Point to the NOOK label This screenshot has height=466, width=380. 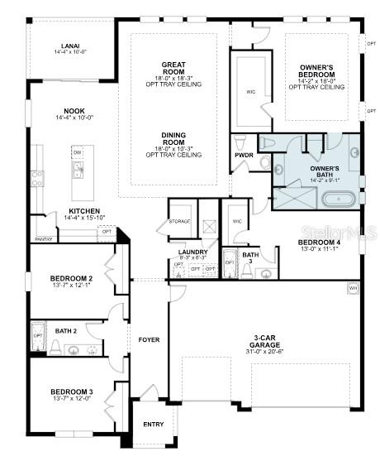(74, 111)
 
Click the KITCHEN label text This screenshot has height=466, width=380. (84, 211)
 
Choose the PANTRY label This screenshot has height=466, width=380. (43, 239)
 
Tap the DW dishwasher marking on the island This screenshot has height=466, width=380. (76, 153)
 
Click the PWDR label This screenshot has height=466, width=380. (244, 154)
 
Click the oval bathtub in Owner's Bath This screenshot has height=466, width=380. (339, 199)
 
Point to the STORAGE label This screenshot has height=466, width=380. (180, 221)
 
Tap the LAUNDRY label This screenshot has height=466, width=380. (193, 252)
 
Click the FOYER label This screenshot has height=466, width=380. (149, 339)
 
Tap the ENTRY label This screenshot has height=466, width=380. (153, 424)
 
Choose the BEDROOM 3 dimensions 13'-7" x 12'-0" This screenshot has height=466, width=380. (71, 397)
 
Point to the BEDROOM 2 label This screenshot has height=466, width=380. (71, 278)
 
